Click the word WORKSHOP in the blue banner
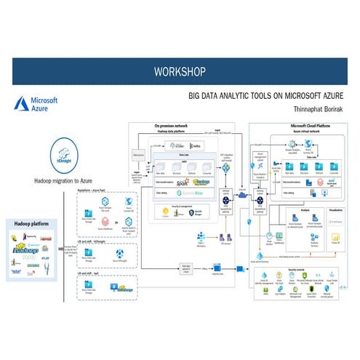pyautogui.click(x=180, y=71)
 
